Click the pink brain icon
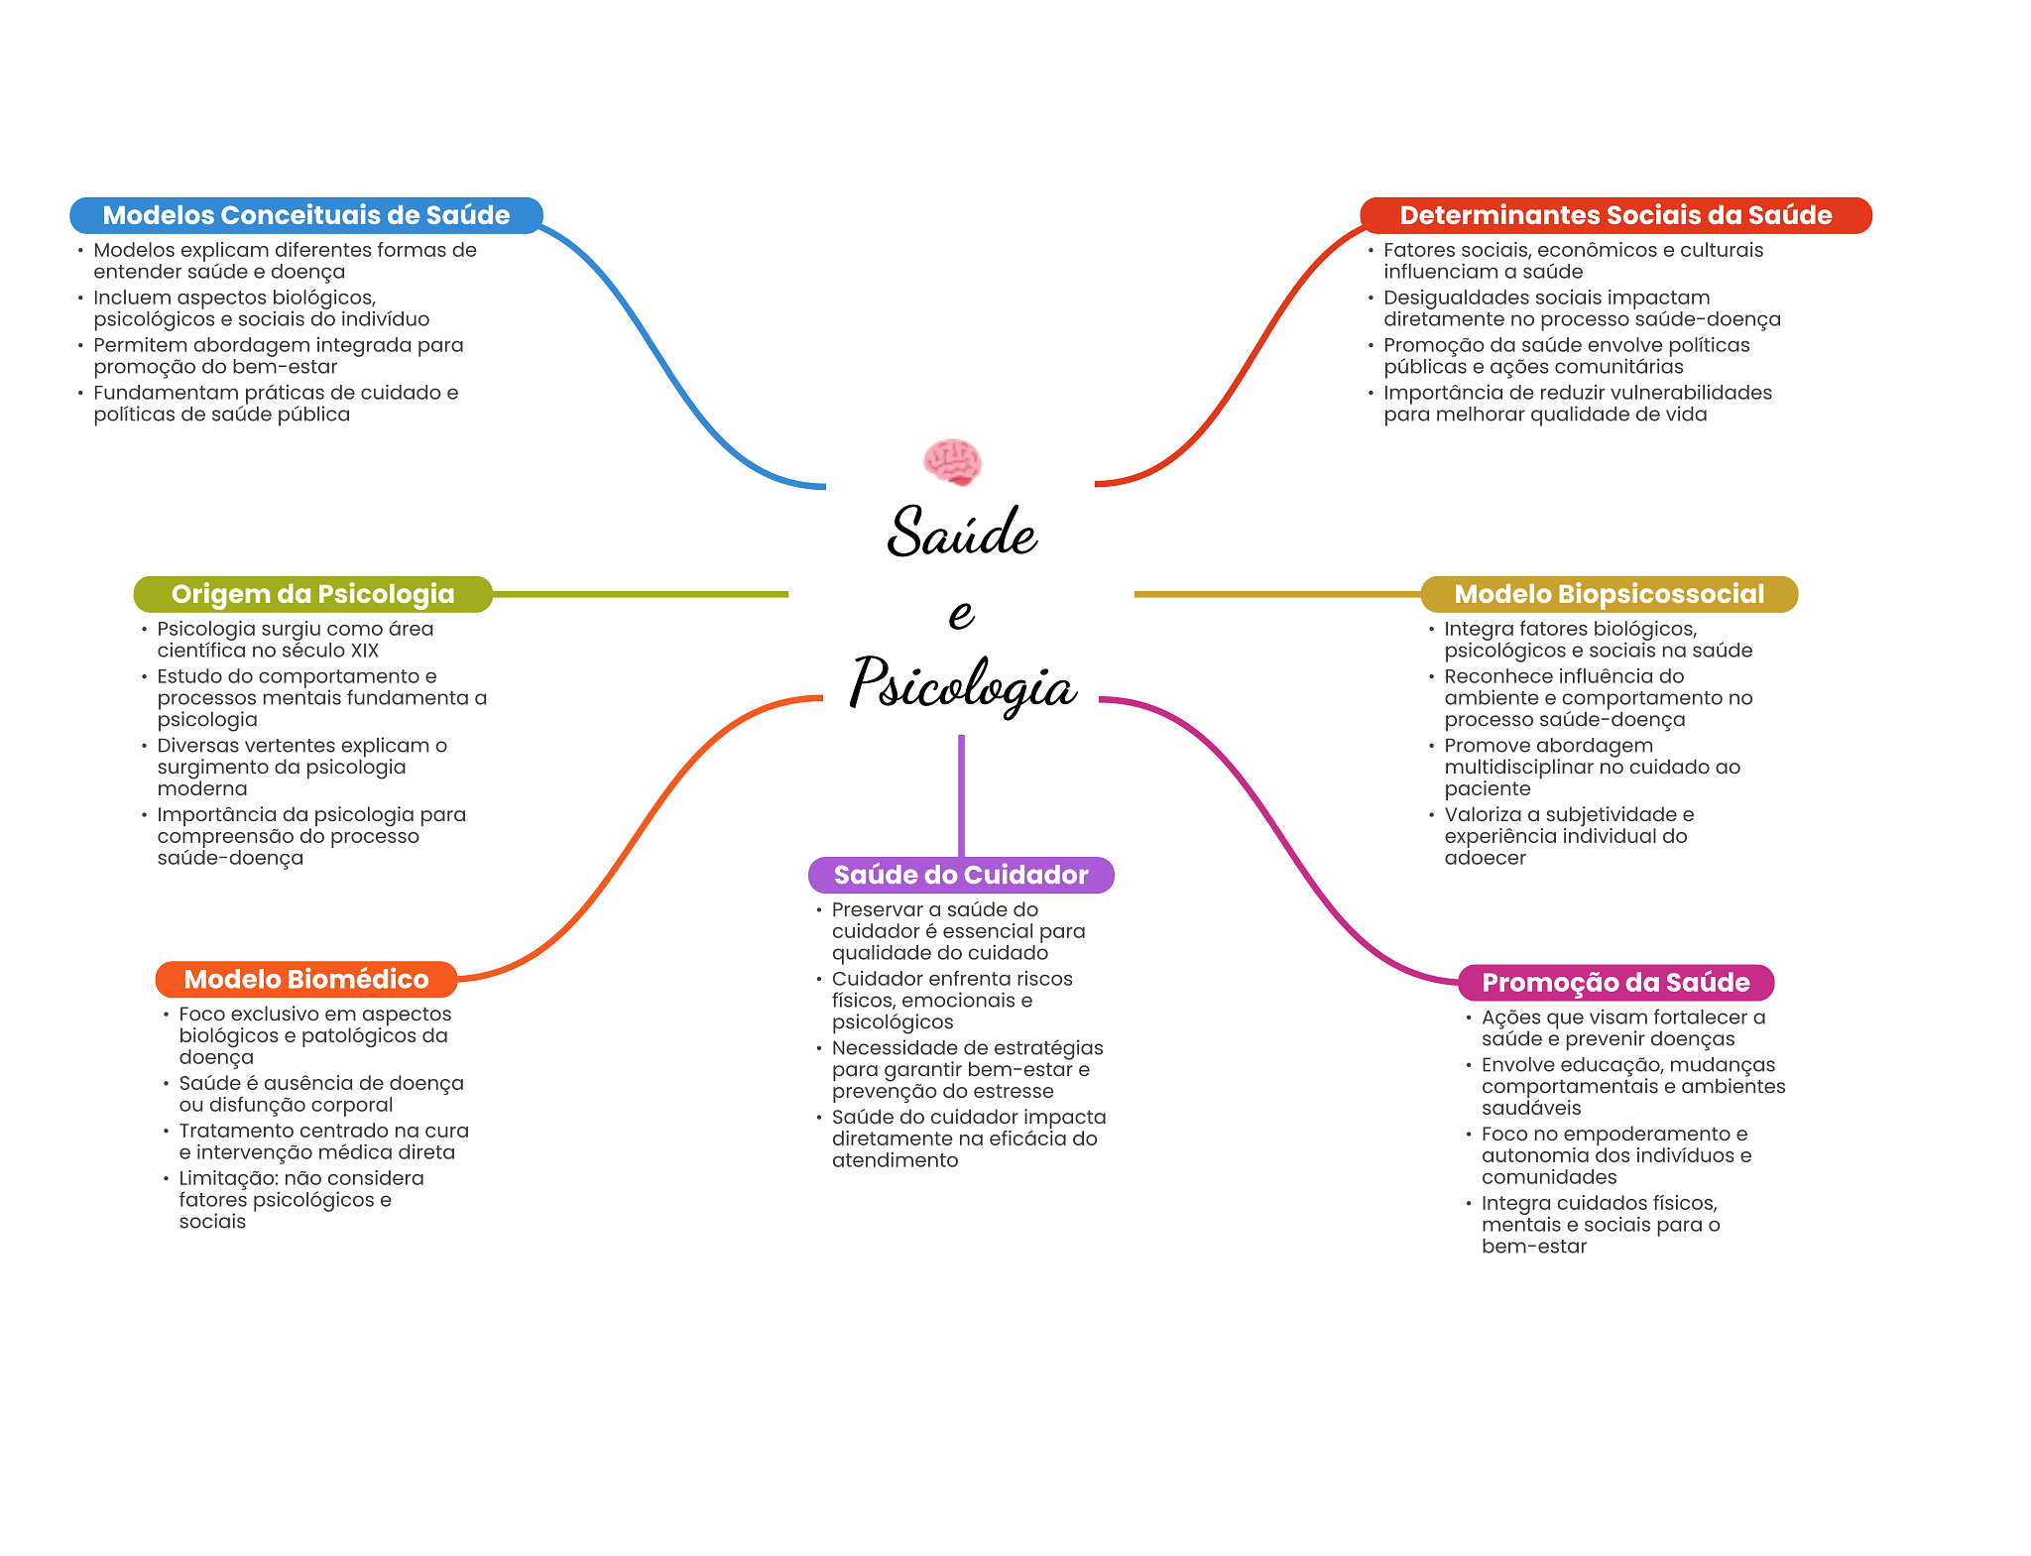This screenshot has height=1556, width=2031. click(952, 462)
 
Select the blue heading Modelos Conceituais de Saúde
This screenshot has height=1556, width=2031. click(305, 215)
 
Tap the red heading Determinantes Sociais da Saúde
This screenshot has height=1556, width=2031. click(1614, 215)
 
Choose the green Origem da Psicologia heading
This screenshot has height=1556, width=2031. click(312, 594)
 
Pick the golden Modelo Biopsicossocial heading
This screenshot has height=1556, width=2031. click(1609, 594)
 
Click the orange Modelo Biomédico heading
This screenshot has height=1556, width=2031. click(305, 979)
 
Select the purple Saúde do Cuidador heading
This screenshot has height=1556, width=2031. click(960, 875)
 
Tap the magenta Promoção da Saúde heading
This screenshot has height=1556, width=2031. click(1614, 982)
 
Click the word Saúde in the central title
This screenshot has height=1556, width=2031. click(961, 533)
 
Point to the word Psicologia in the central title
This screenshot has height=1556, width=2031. click(961, 684)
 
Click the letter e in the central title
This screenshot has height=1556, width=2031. click(961, 614)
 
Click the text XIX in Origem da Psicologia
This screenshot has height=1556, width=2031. click(364, 651)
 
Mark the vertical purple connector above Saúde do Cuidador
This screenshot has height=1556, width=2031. click(961, 793)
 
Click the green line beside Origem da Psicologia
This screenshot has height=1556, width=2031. click(640, 594)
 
